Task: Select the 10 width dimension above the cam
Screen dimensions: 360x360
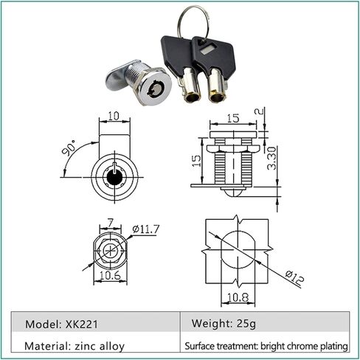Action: pos(114,116)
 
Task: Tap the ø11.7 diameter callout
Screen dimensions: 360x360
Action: pos(146,229)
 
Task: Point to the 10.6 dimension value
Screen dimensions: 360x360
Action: pos(110,276)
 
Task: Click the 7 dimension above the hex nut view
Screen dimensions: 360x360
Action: pos(111,223)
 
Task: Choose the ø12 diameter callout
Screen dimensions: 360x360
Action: pos(295,278)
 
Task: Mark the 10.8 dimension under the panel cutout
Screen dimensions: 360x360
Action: pos(238,297)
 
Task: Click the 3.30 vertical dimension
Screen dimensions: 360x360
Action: pos(272,159)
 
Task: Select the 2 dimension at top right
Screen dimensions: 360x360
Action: pos(260,111)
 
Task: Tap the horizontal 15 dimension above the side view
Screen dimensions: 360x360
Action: pos(233,118)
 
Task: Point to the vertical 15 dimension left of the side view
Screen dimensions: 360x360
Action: pos(196,161)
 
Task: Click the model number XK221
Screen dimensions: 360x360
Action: pos(82,324)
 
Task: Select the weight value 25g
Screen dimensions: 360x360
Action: pos(246,324)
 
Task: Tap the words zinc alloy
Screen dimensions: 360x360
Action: pos(100,346)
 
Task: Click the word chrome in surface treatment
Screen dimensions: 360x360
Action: pos(303,346)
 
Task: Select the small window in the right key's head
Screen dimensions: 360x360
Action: pos(206,51)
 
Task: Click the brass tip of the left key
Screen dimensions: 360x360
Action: pos(192,97)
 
